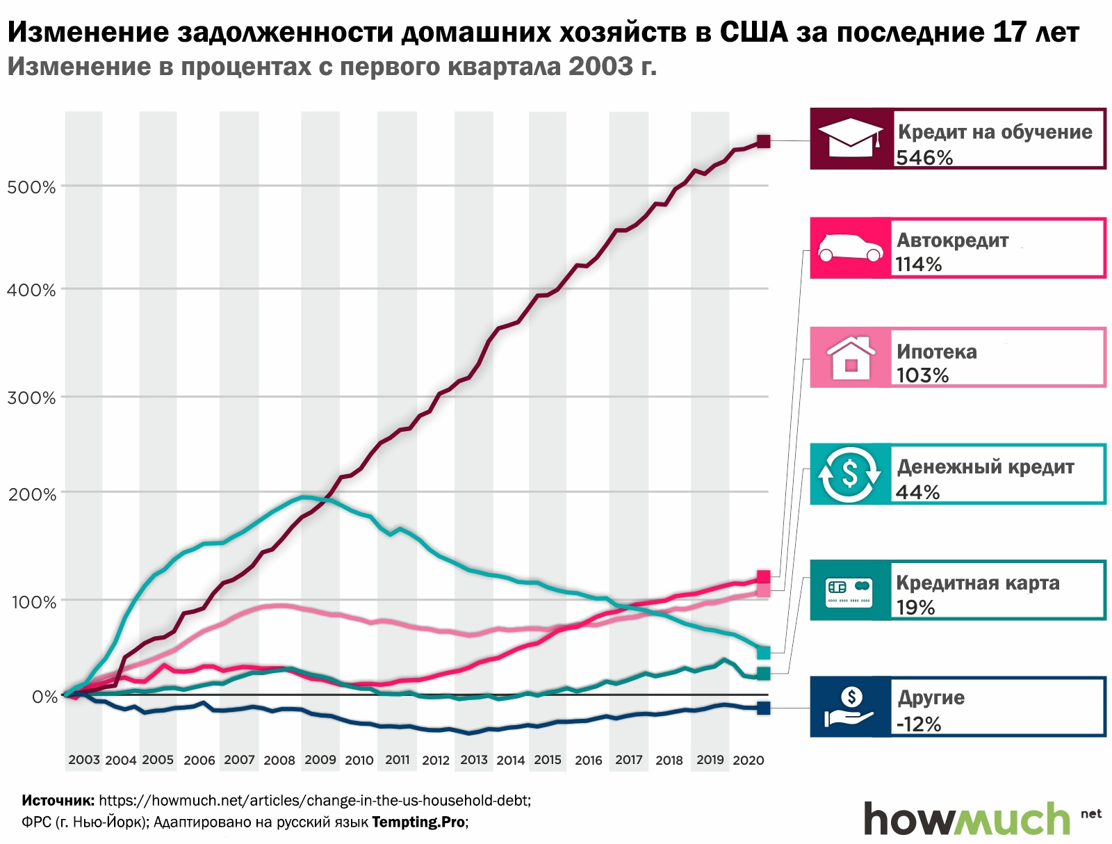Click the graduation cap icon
click(x=851, y=138)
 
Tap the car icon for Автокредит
click(x=850, y=248)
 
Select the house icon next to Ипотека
click(x=851, y=357)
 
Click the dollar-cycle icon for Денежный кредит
click(x=850, y=474)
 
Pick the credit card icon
click(x=850, y=590)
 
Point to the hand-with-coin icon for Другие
click(x=850, y=706)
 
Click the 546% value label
click(x=924, y=158)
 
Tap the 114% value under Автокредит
click(x=919, y=264)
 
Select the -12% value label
click(x=919, y=724)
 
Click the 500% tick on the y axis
click(x=31, y=187)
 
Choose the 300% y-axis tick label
click(x=31, y=398)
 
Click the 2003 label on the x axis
click(x=84, y=760)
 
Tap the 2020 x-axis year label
click(x=749, y=760)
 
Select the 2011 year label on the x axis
click(x=398, y=760)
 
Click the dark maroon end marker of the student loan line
click(x=763, y=142)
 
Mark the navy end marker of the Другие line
click(x=763, y=708)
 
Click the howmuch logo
click(x=966, y=818)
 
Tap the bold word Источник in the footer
click(x=58, y=800)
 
